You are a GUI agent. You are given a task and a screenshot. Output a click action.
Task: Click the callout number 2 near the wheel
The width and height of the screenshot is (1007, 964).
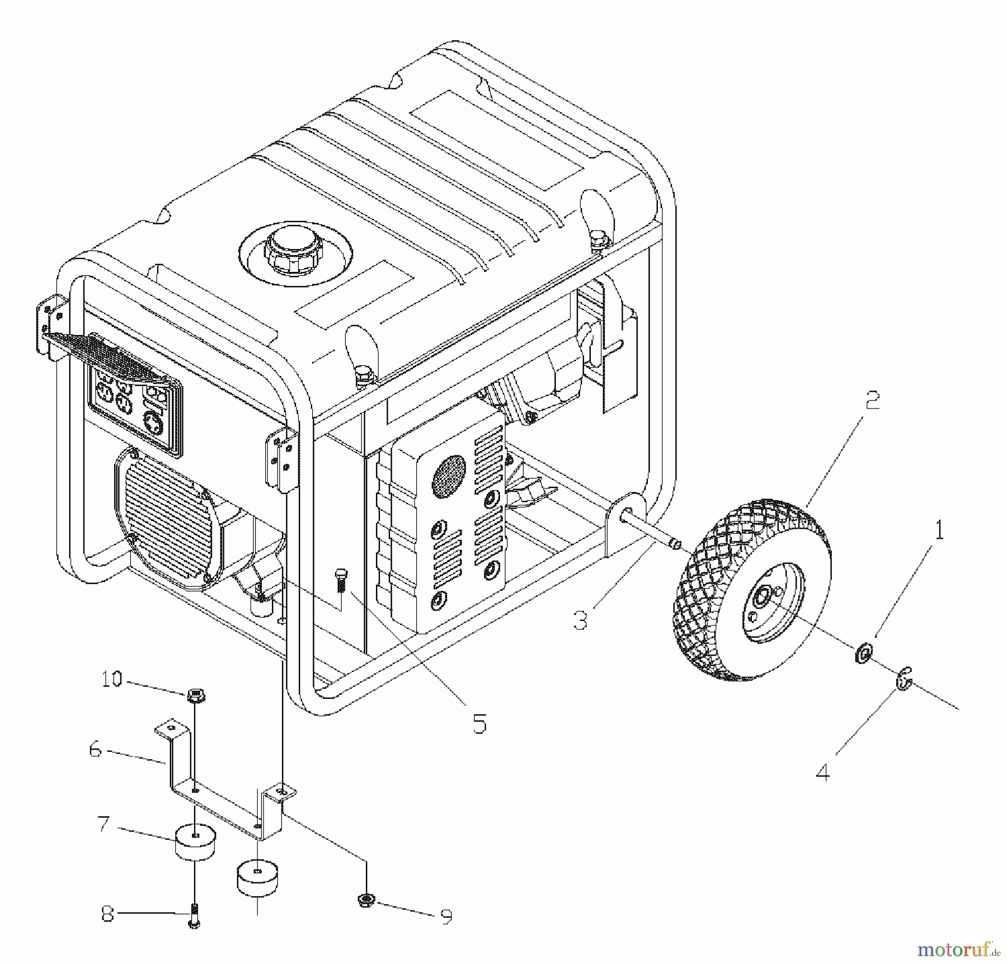[x=872, y=401]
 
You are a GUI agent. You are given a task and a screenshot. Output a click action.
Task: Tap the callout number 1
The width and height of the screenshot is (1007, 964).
[x=939, y=530]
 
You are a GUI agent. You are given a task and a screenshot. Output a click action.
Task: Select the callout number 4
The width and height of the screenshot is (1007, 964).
[x=822, y=772]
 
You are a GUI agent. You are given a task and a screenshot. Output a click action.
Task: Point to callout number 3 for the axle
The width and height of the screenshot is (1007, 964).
[x=581, y=620]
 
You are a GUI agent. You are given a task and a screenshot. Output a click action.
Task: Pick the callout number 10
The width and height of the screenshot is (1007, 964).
[x=111, y=679]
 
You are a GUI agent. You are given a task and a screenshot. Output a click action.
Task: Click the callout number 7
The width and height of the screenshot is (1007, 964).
[x=103, y=824]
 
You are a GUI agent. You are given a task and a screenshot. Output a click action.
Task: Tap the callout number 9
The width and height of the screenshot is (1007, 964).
[x=446, y=916]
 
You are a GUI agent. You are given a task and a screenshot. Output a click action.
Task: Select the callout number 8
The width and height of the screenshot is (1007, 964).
[x=108, y=914]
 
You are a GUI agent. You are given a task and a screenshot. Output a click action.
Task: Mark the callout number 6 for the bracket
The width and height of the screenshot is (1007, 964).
[x=96, y=750]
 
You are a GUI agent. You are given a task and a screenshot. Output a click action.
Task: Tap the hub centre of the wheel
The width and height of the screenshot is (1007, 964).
[x=763, y=599]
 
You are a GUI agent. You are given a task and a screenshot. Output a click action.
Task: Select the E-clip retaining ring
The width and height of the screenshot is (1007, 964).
[x=904, y=679]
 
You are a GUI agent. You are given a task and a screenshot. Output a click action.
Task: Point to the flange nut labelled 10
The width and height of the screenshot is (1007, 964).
[x=195, y=696]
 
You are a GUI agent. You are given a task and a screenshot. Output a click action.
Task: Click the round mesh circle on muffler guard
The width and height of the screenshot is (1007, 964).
[x=448, y=477]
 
